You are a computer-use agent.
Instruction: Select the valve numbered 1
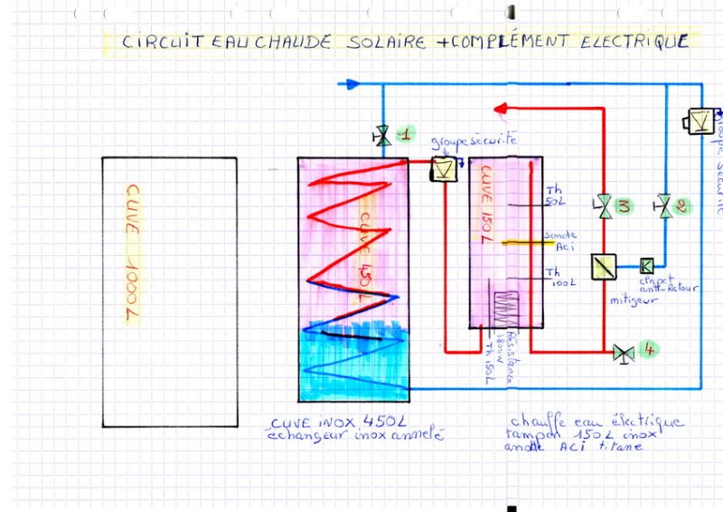(x=382, y=137)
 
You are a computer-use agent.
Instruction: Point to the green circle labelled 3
(x=624, y=206)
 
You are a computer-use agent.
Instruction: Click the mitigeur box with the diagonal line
(x=602, y=266)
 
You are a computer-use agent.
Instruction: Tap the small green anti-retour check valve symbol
(x=646, y=265)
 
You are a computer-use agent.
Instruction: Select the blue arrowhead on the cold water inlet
(x=352, y=85)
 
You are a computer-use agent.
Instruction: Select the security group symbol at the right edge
(x=700, y=119)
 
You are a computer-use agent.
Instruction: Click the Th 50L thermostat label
(x=554, y=196)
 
